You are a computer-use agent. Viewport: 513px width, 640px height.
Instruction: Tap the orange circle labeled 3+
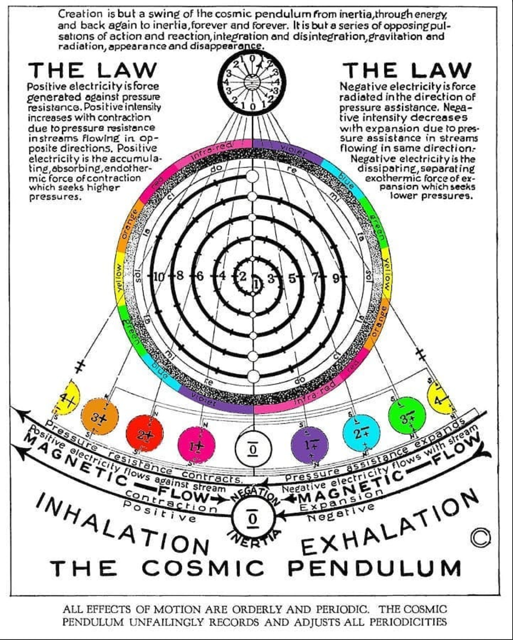[99, 417]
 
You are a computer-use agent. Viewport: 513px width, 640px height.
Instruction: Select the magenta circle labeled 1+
[197, 445]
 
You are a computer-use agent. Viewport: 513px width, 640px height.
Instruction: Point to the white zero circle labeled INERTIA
[253, 519]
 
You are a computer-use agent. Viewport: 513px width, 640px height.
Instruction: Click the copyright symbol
[480, 537]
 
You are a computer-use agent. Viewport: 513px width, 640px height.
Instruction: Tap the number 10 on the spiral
[159, 277]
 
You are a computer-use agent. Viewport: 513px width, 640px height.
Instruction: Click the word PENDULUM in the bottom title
[374, 568]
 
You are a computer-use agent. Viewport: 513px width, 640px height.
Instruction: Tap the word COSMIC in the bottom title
[203, 568]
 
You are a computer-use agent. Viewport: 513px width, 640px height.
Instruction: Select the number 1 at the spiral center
[257, 283]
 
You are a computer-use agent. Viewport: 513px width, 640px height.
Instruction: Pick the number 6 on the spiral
[200, 276]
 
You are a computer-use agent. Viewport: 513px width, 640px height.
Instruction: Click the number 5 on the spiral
[292, 278]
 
